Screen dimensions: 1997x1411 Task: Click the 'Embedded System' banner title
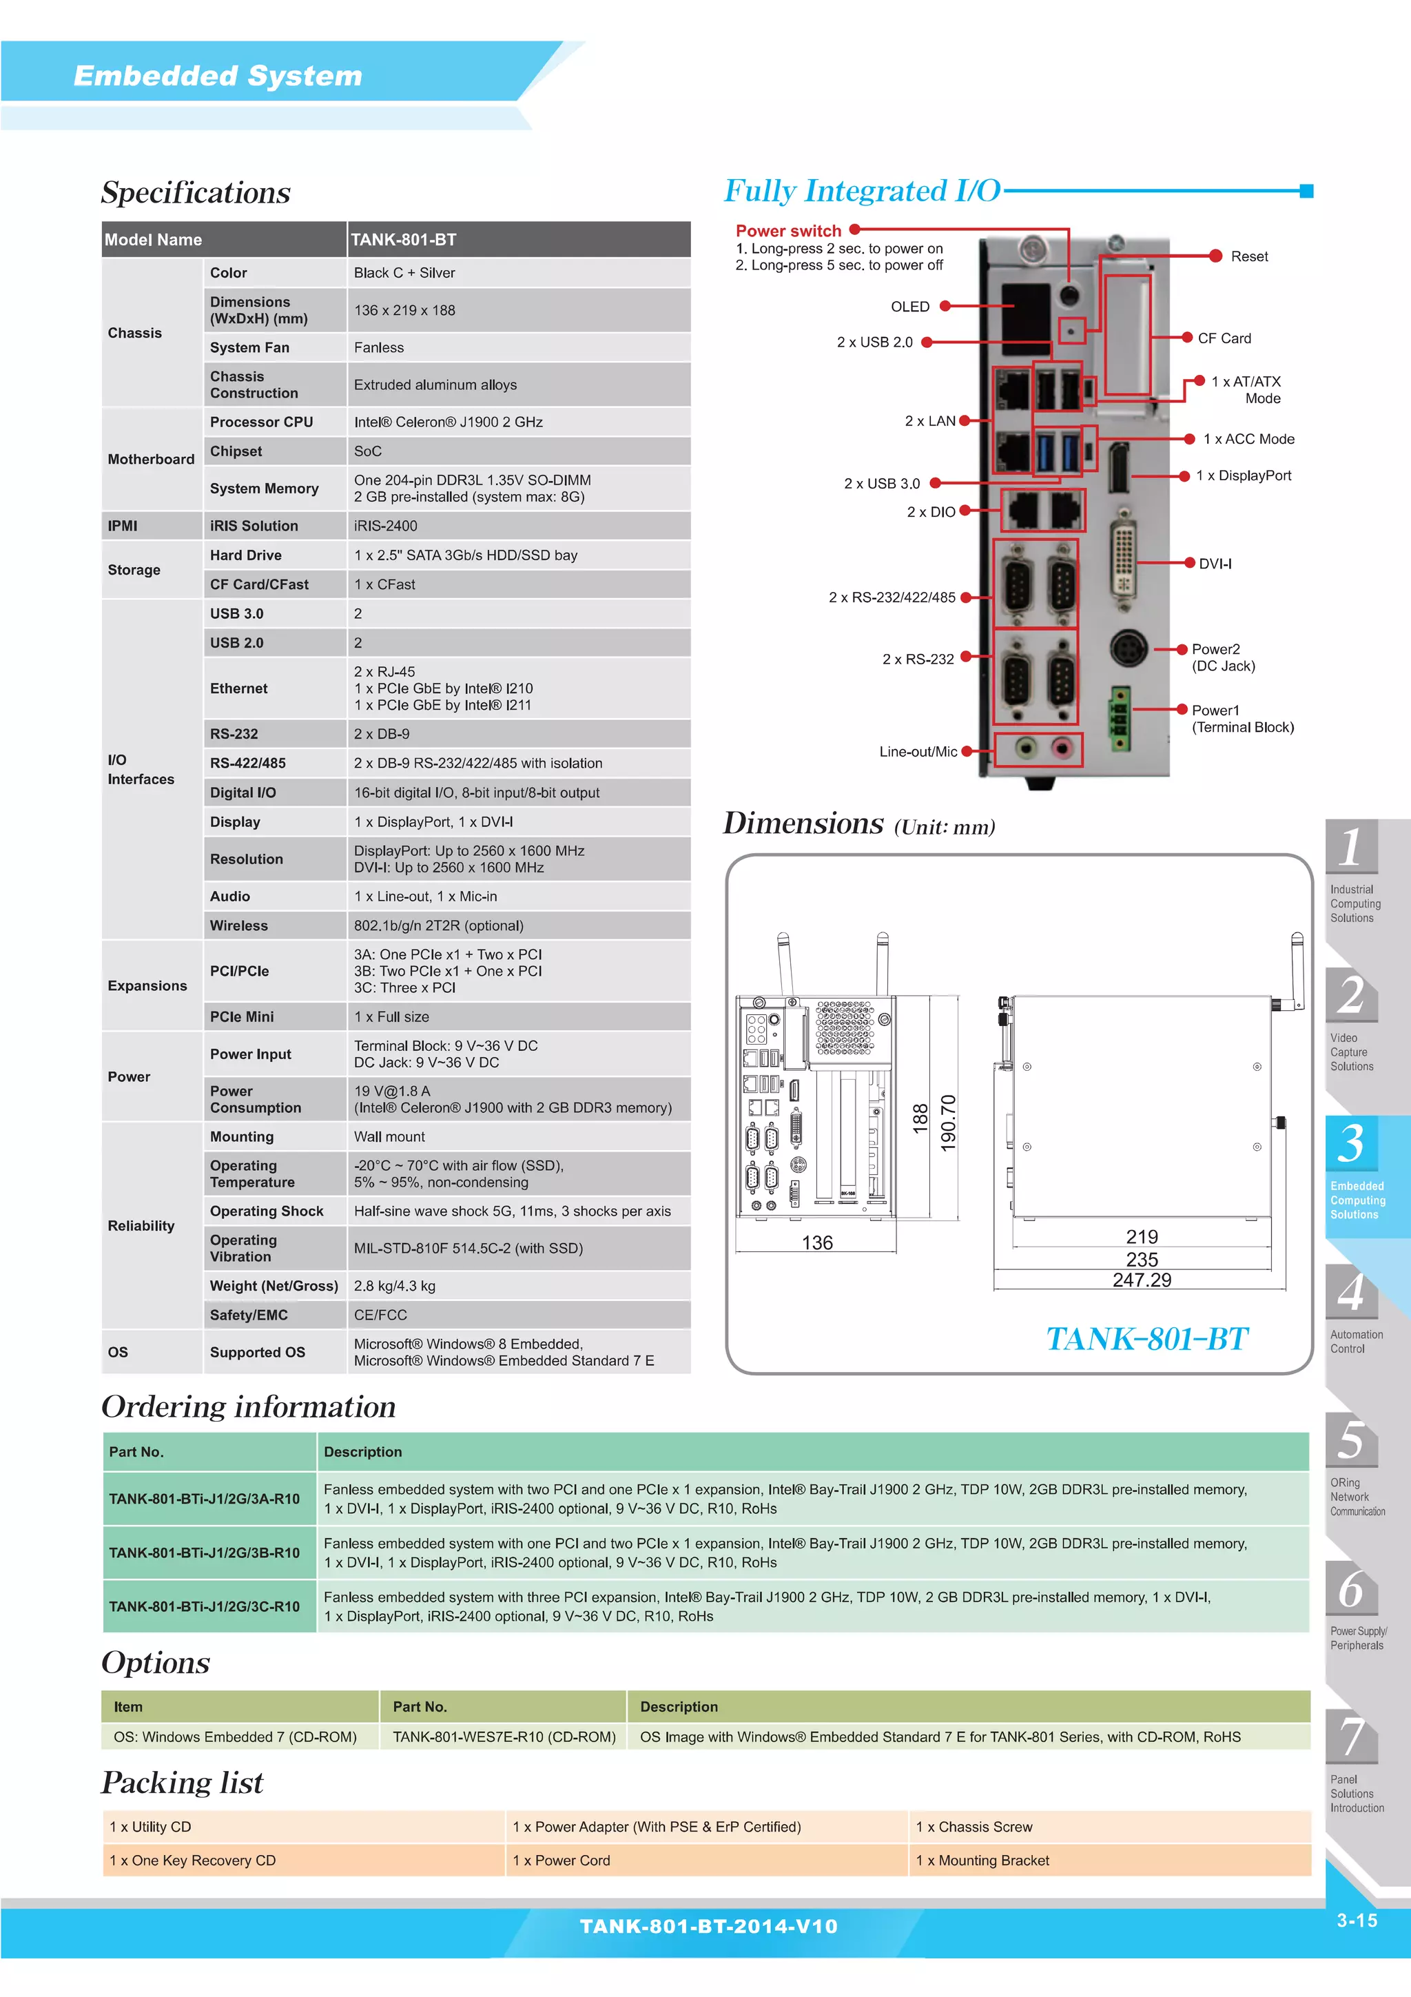(x=217, y=76)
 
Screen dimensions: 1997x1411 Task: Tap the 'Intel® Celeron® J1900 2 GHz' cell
(x=448, y=422)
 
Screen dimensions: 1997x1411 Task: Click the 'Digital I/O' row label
(x=243, y=792)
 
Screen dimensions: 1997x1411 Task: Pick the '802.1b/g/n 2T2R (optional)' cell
(x=438, y=925)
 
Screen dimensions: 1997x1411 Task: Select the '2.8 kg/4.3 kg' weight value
(x=394, y=1286)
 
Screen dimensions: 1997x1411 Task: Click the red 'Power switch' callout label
(x=787, y=230)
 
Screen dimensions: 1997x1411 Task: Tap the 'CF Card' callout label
(x=1224, y=338)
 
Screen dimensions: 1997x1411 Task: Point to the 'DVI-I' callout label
(x=1215, y=564)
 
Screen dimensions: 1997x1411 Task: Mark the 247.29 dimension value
(x=1142, y=1280)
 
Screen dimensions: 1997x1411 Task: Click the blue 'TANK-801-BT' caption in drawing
(x=1146, y=1339)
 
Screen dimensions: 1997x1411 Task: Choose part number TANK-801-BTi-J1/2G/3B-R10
(x=205, y=1553)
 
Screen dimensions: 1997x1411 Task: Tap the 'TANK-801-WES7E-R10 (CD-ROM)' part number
(x=504, y=1737)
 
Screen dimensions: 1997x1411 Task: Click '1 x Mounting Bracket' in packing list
(x=982, y=1861)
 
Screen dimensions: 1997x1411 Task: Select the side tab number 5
(x=1350, y=1440)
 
